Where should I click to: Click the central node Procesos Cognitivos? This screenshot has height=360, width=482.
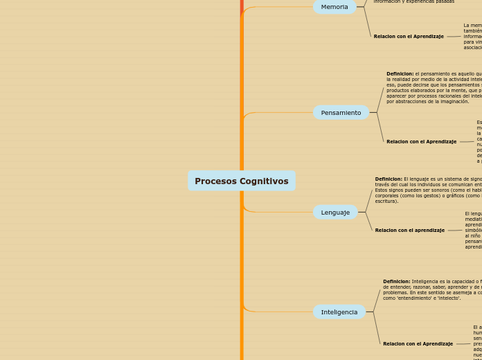[241, 181]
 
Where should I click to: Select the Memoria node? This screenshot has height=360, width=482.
[334, 7]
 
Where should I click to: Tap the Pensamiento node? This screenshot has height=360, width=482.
[341, 113]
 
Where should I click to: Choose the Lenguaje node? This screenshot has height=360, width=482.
[335, 213]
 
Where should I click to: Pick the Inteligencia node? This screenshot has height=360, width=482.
[339, 312]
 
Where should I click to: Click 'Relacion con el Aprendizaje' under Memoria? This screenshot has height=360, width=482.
[409, 36]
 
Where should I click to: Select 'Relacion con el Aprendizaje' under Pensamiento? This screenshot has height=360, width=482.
[421, 141]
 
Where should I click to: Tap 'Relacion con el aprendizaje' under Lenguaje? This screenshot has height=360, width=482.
[410, 230]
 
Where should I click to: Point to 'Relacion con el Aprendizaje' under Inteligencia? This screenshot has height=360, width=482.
[418, 343]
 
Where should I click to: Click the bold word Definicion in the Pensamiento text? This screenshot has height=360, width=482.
[400, 73]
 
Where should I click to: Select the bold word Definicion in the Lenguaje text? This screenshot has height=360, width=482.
[389, 179]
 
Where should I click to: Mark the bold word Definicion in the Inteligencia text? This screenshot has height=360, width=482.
[396, 281]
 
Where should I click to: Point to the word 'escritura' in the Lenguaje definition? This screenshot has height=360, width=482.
[386, 201]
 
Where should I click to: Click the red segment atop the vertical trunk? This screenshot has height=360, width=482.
[242, 6]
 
